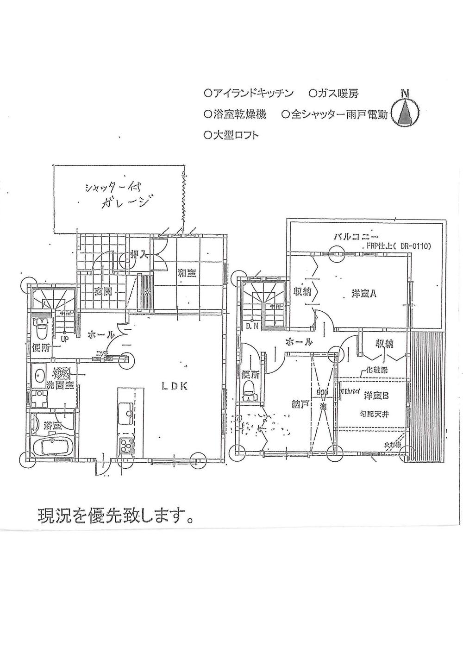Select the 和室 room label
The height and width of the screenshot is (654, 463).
click(187, 273)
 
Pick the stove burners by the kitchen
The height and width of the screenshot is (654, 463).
click(125, 446)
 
